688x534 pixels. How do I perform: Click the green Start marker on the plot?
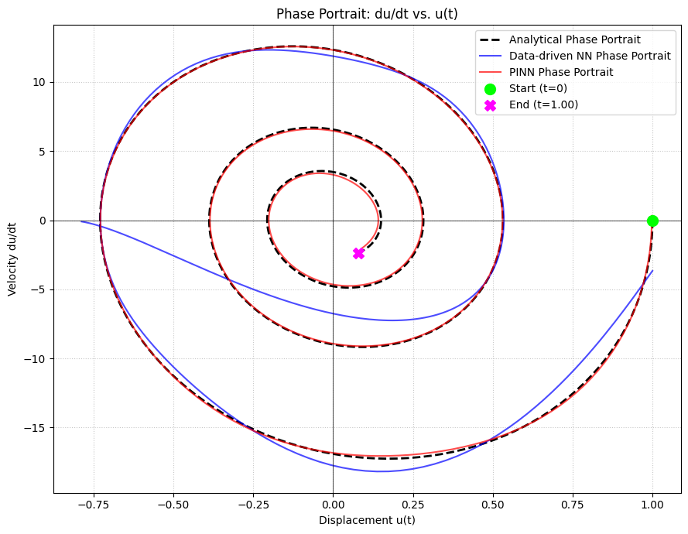tap(652, 221)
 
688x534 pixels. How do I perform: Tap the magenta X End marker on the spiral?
tap(358, 253)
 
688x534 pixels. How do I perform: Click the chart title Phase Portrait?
tap(367, 14)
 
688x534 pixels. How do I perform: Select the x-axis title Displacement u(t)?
tap(367, 520)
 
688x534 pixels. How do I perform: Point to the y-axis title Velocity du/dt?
tap(12, 258)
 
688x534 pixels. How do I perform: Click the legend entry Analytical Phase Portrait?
tap(574, 40)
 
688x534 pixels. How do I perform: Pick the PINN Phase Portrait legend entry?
tap(560, 72)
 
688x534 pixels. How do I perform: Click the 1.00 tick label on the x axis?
tap(652, 502)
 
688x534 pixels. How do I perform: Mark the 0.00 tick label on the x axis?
tap(333, 502)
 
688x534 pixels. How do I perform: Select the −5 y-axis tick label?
tap(39, 290)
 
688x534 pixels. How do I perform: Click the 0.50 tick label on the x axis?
tap(492, 502)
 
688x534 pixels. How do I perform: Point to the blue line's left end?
tap(81, 221)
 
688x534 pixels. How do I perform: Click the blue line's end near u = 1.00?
tap(652, 271)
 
